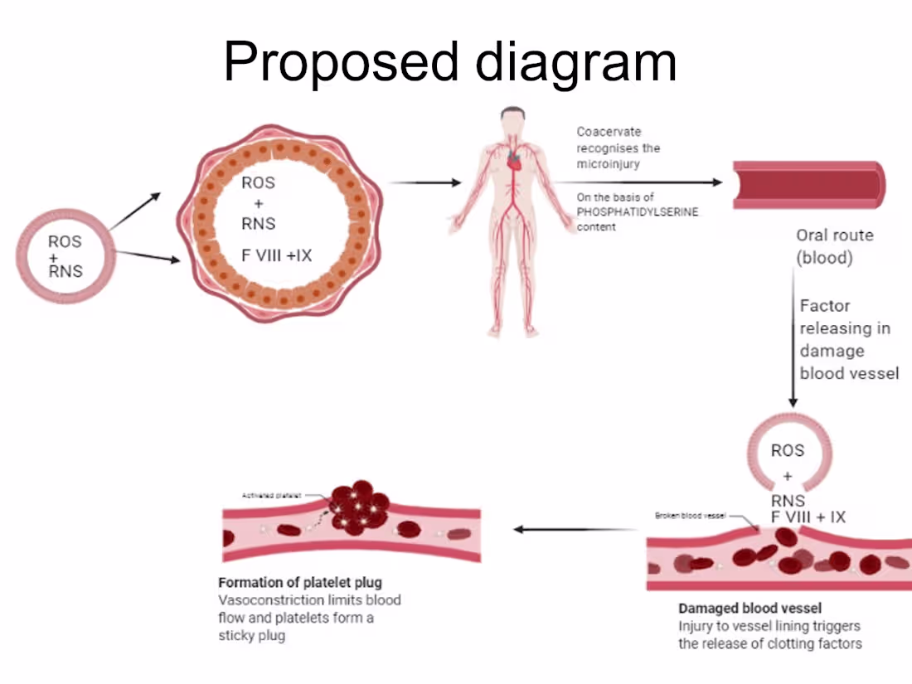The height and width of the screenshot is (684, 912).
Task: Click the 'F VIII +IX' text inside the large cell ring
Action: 277,255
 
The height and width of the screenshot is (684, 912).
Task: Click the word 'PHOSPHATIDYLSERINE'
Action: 638,212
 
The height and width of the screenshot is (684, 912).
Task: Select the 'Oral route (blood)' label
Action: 835,246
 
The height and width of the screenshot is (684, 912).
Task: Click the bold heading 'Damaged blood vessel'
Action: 749,608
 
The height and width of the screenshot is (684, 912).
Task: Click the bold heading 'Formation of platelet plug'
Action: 300,582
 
